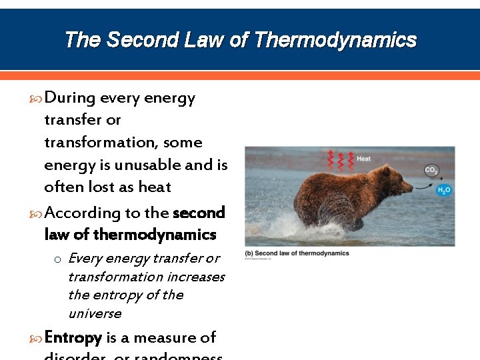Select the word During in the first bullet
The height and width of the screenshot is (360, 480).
pos(69,98)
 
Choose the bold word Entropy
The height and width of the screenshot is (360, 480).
pos(73,338)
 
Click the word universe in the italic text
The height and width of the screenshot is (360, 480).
pos(95,313)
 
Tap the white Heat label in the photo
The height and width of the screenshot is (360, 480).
pos(363,159)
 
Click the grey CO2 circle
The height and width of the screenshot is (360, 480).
pos(431,171)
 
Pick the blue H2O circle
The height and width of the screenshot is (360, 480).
pos(443,191)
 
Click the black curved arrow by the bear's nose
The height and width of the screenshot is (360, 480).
pos(425,186)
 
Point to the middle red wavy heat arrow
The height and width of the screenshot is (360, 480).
pos(340,160)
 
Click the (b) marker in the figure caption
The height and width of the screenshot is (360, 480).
pos(249,253)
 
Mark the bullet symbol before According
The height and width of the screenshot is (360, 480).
pos(37,213)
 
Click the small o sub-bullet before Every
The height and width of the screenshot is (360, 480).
pos(58,259)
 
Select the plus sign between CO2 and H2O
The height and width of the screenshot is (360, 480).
pos(441,179)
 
